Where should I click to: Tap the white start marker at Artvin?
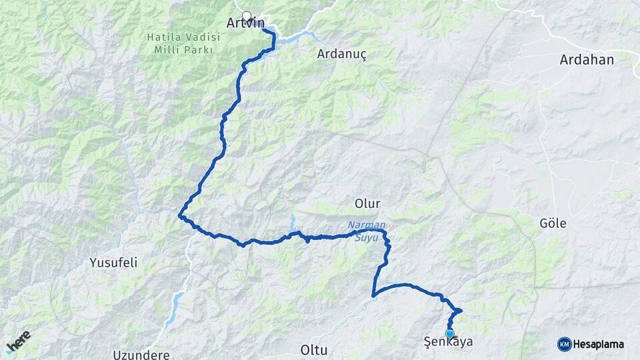pos(247,16)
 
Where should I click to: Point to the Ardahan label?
pos(587,60)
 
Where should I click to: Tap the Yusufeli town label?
pos(113,263)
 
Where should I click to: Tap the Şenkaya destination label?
pos(449,343)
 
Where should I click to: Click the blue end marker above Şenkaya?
pos(450,333)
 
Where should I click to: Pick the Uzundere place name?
pos(141,354)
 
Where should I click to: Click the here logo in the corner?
pos(18,341)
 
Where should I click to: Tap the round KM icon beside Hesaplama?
pos(564,344)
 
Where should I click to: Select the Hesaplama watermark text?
pos(599,345)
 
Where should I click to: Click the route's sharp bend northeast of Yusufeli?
pos(180,215)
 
